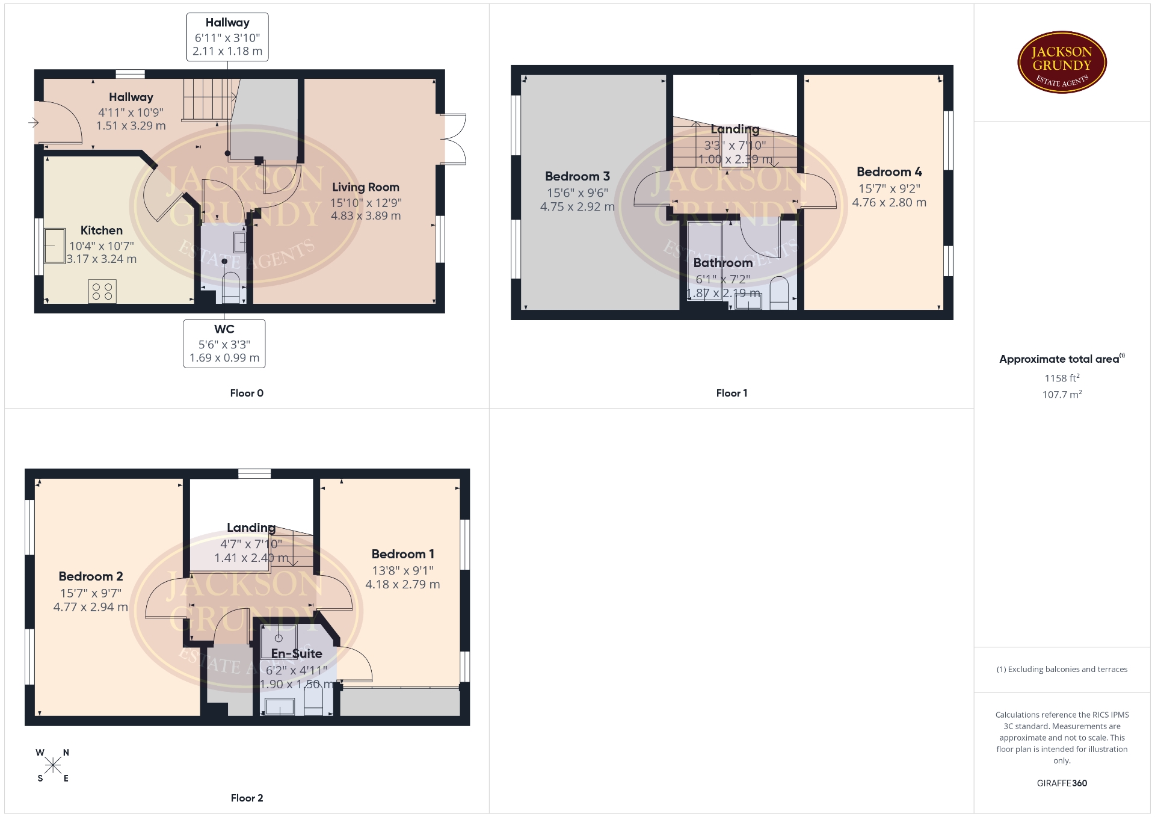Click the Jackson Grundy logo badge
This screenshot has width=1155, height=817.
point(1062,63)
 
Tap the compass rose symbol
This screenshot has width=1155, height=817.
point(53,765)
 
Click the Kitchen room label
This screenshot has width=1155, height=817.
point(102,230)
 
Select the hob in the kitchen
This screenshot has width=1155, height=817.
point(102,292)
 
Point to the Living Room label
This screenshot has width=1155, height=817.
point(366,187)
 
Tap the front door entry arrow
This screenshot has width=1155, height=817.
point(33,123)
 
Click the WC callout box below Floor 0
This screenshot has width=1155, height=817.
point(224,344)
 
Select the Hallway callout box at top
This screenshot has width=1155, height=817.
point(227,37)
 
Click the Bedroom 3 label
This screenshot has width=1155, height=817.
point(577,176)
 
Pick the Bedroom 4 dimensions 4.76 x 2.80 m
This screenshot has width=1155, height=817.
point(889,203)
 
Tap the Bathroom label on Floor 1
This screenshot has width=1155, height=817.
point(723,263)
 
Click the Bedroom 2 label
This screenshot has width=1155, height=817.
point(91,576)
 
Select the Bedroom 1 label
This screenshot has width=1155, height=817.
point(402,554)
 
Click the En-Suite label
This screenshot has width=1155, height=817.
point(297,653)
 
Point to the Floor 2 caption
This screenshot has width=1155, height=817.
point(247,798)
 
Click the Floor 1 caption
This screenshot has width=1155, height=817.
point(731,393)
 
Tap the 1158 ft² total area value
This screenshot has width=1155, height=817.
point(1062,378)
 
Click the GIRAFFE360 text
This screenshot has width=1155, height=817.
point(1062,783)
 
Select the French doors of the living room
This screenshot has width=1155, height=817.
point(454,139)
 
